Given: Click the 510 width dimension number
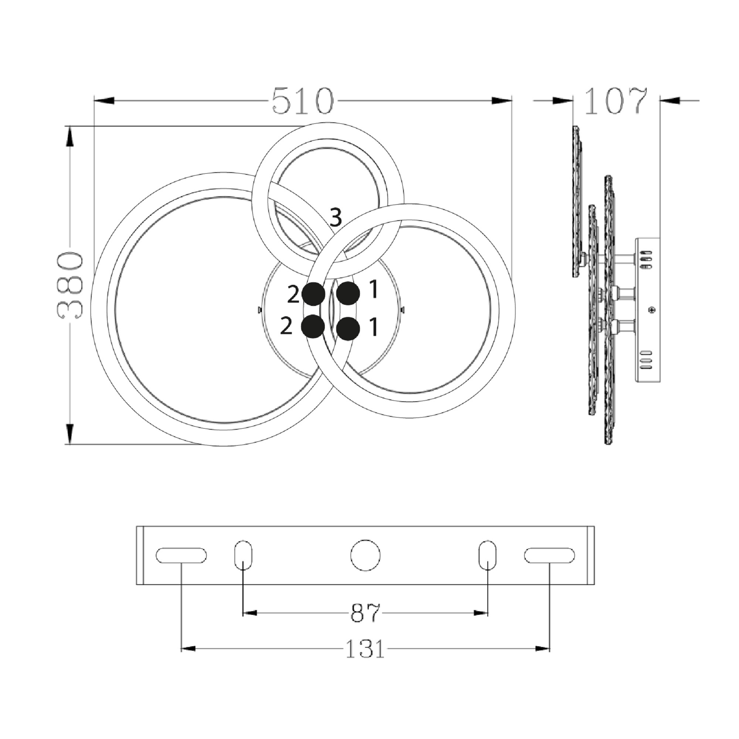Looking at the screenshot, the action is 303,101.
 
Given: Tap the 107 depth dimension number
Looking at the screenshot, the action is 616,101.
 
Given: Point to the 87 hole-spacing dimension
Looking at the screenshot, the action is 366,613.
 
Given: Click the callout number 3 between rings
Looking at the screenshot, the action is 336,218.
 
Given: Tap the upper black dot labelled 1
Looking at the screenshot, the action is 348,294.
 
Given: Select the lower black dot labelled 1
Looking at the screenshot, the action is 348,328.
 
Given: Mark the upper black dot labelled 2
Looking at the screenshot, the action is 314,294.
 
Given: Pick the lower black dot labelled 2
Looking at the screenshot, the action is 313,326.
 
